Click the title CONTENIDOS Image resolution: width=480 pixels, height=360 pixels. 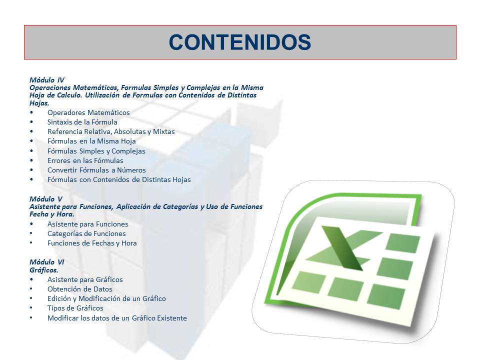coord(240,42)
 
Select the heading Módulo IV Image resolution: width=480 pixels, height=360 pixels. coord(47,80)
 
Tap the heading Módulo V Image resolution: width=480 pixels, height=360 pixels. coord(45,199)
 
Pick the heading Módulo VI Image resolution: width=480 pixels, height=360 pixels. coord(47,262)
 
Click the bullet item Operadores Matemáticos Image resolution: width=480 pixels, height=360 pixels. coord(88,112)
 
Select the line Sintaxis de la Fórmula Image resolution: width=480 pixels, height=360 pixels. coord(82,122)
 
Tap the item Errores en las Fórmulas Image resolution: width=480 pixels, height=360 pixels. coord(85,160)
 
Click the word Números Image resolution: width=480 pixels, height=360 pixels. coord(131,170)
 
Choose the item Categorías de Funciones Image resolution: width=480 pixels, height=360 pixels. coord(86,233)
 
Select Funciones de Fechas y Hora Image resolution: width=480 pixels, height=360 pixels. coord(92,243)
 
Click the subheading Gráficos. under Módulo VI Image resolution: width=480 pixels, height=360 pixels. coord(44,270)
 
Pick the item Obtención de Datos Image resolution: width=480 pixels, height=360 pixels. coord(80,289)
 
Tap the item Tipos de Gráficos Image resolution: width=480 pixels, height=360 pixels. coord(75,308)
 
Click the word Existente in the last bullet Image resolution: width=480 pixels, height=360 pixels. coord(171,318)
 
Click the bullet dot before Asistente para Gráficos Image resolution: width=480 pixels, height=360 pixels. coord(31,279)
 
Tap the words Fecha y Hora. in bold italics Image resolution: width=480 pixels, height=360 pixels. coord(51,214)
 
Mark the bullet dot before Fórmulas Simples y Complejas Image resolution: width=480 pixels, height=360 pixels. coord(31,151)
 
